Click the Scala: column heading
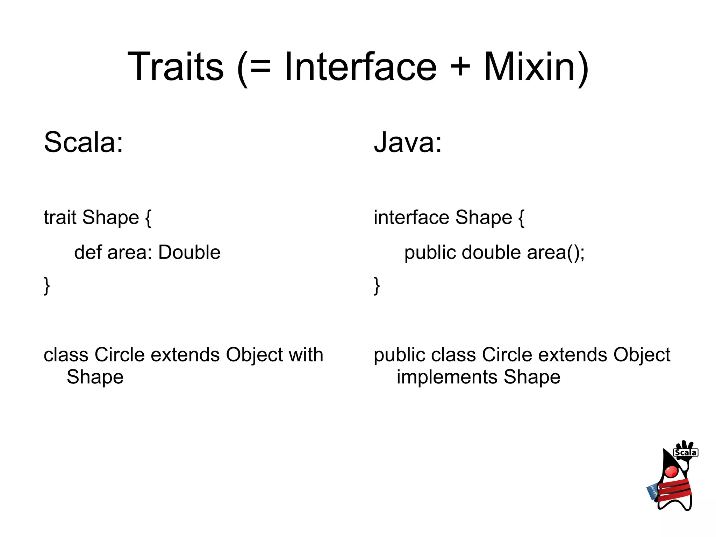coord(84,142)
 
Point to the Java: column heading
coord(408,142)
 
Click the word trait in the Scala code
coord(60,217)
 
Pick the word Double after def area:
coord(189,252)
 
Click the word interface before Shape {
coord(411,217)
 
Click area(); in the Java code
coord(556,253)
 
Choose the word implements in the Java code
coord(447,377)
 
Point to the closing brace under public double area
coord(377,286)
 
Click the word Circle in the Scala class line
coord(119,355)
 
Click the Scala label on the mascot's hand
coord(685,452)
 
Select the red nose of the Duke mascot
coord(671,472)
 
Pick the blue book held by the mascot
coord(652,492)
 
